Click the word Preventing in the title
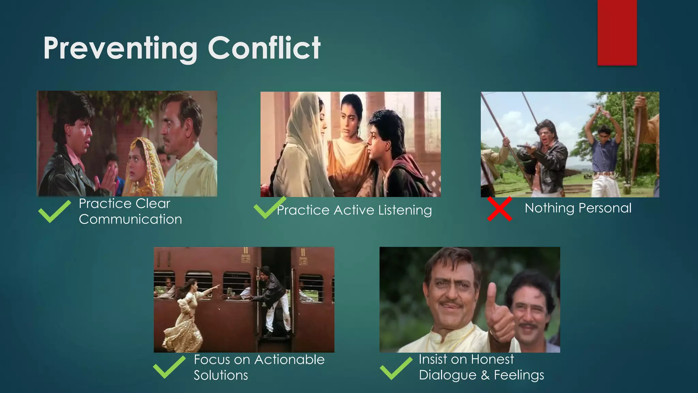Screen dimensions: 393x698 click(x=120, y=48)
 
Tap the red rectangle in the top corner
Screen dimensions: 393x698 click(x=617, y=32)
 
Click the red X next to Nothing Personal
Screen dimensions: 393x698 click(x=499, y=209)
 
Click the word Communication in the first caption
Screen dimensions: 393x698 click(x=130, y=219)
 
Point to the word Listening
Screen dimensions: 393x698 click(x=405, y=210)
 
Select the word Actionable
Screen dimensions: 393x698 click(x=289, y=360)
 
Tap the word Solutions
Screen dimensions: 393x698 click(x=221, y=375)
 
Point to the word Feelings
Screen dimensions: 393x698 click(x=519, y=375)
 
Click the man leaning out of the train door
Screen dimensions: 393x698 click(x=273, y=300)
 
